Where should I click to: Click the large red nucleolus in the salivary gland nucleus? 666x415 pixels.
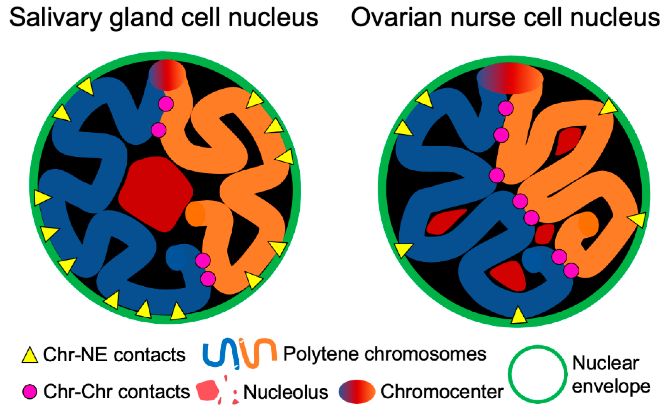155,194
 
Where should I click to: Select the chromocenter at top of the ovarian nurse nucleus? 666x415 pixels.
510,78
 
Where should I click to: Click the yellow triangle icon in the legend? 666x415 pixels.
30,356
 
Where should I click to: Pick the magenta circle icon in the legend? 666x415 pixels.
30,392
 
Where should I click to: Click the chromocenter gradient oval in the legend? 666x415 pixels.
357,392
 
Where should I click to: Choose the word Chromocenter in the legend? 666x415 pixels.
442,392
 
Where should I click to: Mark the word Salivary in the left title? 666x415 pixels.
55,18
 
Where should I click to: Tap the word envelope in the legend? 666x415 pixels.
611,387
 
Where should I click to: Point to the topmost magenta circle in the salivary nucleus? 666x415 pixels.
166,104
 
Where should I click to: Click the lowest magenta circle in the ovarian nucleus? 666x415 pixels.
571,270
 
